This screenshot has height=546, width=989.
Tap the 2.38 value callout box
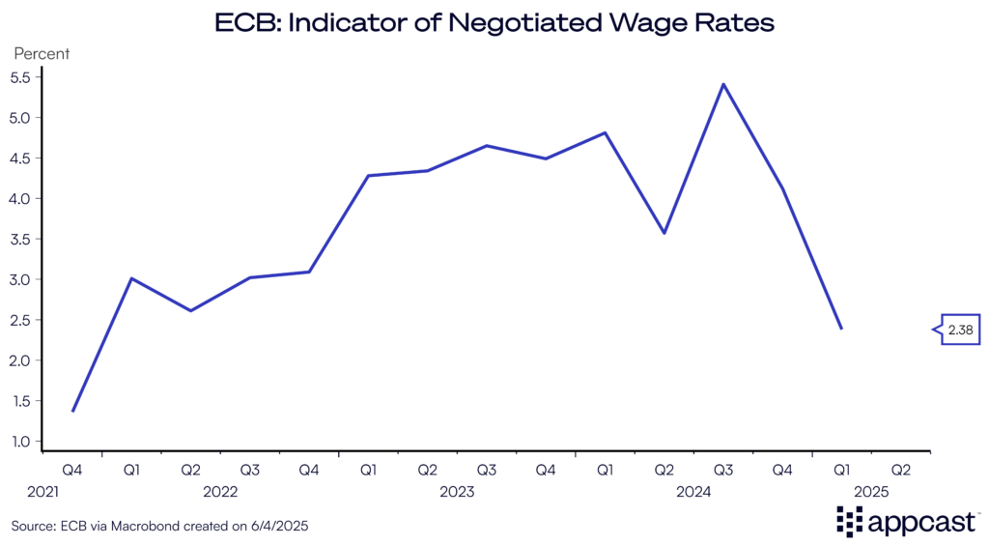click(960, 330)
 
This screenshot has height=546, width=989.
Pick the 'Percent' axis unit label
click(41, 53)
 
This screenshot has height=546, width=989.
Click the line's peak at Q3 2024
click(723, 84)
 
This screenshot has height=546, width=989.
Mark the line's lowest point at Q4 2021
click(72, 412)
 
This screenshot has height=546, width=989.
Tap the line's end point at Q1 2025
click(842, 329)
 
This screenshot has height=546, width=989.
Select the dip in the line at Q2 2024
click(664, 233)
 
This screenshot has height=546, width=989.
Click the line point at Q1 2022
click(131, 278)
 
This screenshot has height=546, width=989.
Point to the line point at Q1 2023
click(368, 176)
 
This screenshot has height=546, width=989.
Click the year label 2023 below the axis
click(457, 492)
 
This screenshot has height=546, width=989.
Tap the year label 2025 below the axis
click(871, 492)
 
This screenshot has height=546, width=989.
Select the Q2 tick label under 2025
click(901, 470)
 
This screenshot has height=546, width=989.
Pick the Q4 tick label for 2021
click(72, 470)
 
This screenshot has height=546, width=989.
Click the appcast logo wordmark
click(922, 523)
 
